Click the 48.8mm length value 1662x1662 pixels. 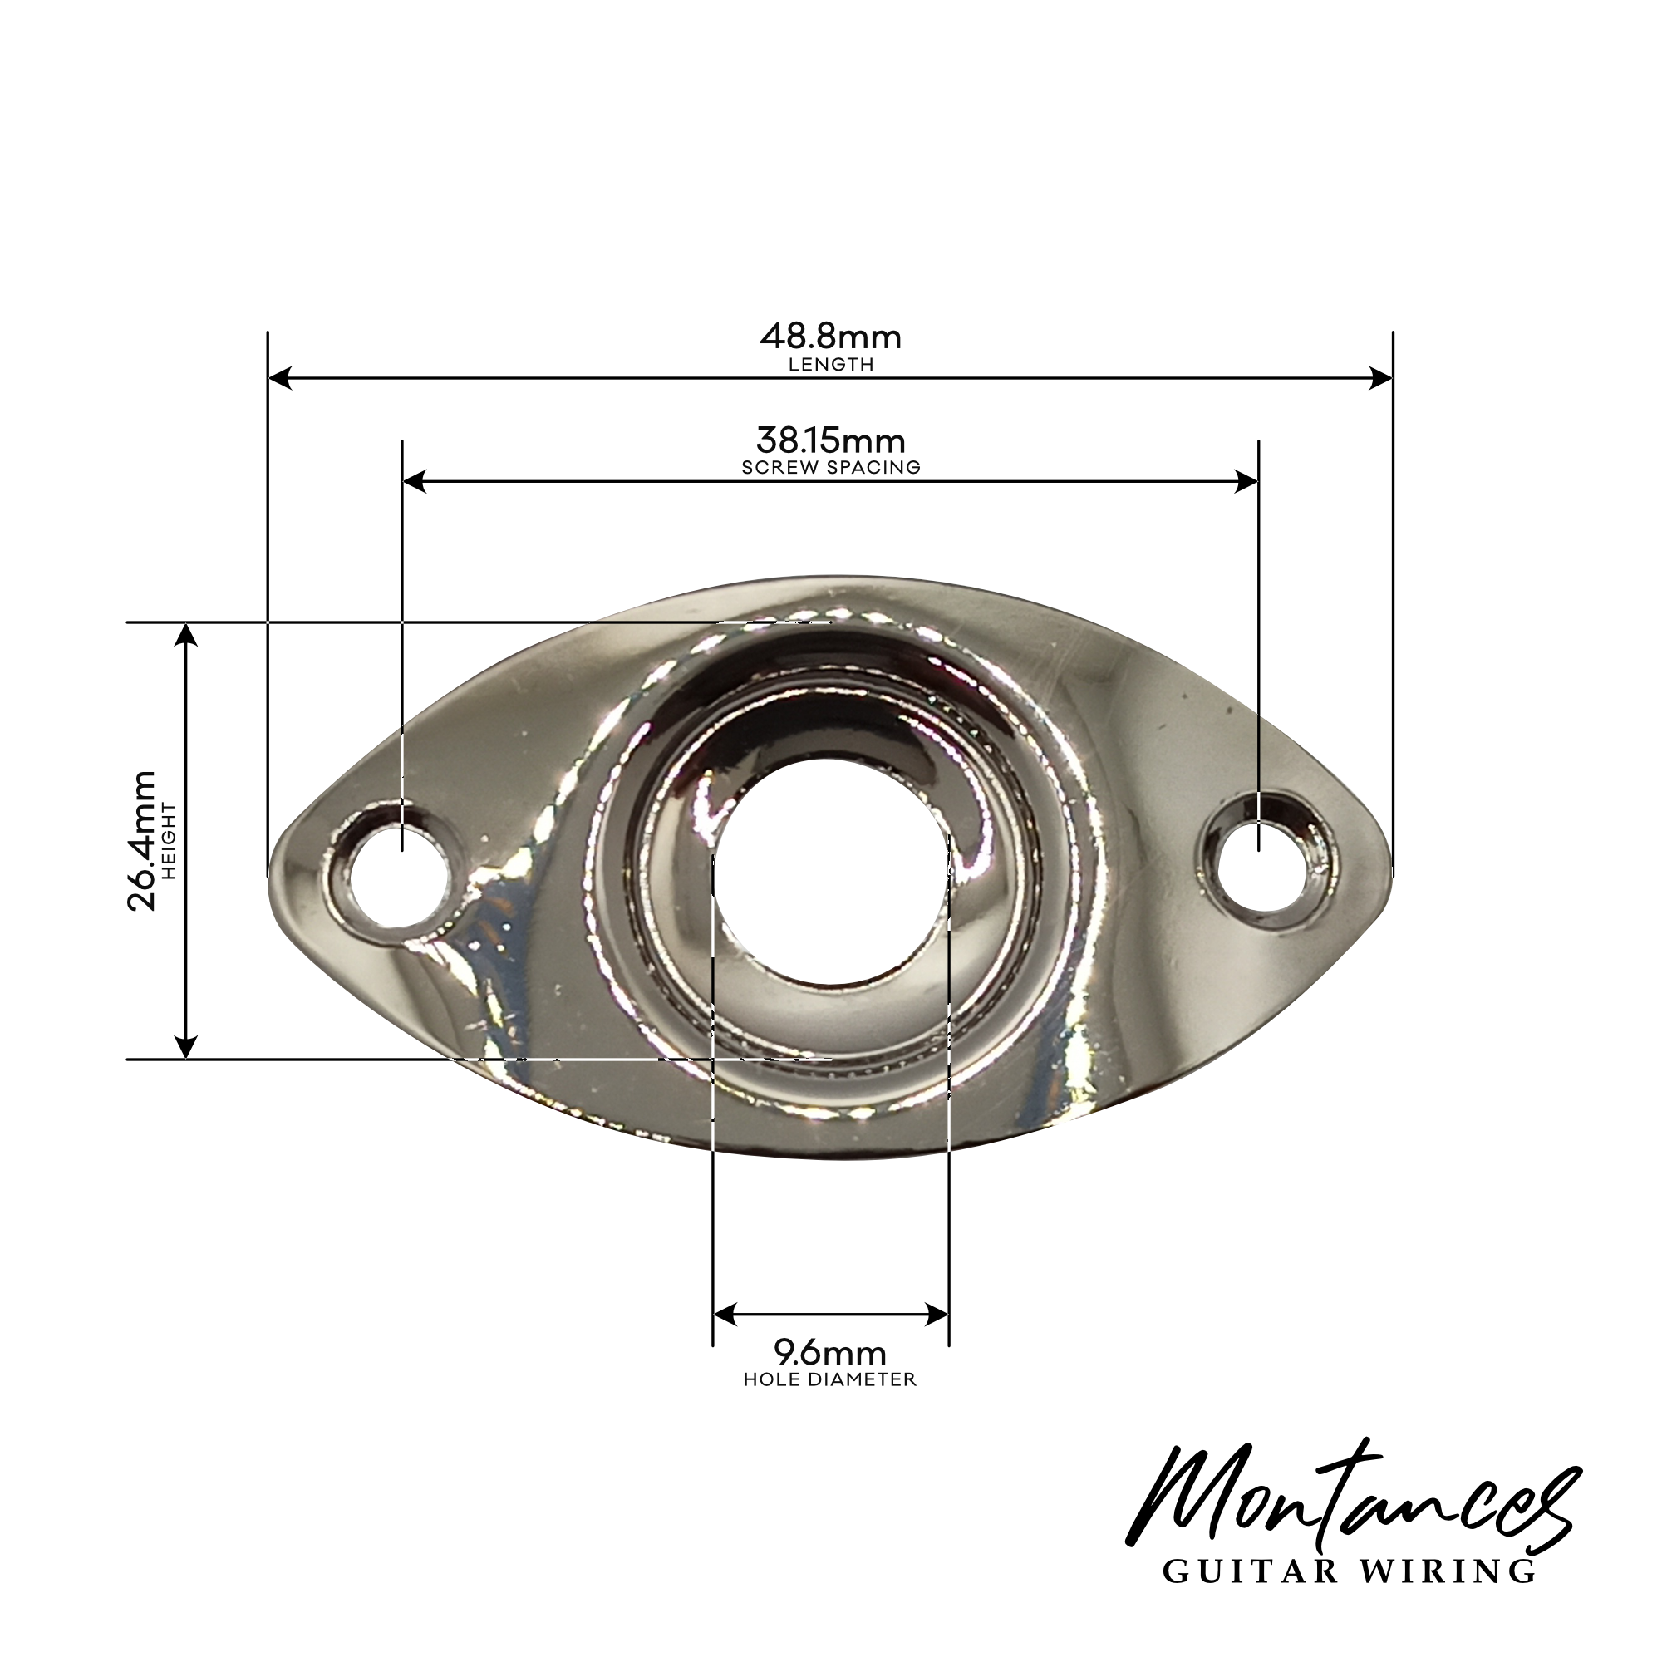[x=830, y=337]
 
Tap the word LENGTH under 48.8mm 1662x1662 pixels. [x=831, y=365]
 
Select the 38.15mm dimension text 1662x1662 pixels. [x=830, y=441]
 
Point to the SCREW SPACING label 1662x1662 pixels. [x=831, y=468]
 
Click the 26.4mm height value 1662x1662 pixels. [x=141, y=840]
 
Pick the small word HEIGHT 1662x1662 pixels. [x=169, y=840]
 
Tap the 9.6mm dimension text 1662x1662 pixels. [x=830, y=1354]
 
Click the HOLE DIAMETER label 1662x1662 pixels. [x=830, y=1379]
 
